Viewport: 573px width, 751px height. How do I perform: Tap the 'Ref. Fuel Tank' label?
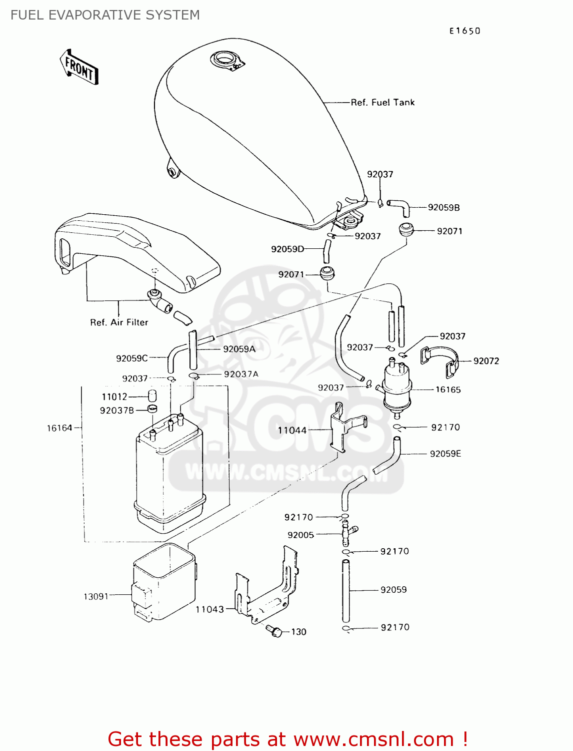coord(382,102)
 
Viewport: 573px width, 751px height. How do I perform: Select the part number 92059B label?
coord(443,207)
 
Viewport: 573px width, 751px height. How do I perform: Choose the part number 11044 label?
coord(292,430)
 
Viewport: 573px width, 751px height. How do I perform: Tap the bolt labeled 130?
coord(274,631)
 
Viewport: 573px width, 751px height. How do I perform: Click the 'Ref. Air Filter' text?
coord(119,322)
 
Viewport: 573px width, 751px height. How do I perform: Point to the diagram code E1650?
coord(464,31)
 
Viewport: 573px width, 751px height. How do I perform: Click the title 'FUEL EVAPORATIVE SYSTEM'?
coord(105,15)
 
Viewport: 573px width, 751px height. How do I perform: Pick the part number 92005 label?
coord(300,535)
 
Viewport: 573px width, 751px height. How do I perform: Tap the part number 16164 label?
coord(59,428)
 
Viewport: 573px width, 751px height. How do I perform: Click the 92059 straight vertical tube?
coord(345,591)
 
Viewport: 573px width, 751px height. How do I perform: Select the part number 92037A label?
coord(241,374)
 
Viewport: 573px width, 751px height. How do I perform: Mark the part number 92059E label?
coord(445,454)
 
